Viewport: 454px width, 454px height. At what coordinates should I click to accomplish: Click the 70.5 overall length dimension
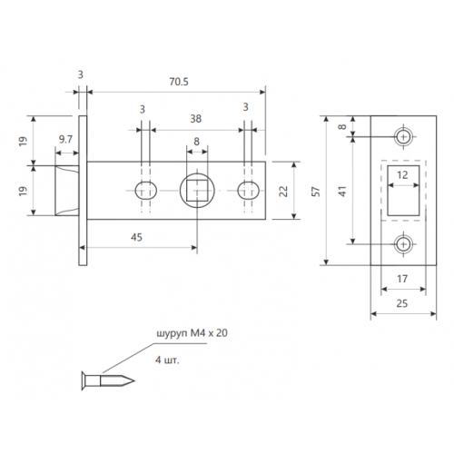[177, 80]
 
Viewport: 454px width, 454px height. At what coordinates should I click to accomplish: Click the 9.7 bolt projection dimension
[65, 139]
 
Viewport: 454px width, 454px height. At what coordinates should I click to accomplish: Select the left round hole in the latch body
[143, 191]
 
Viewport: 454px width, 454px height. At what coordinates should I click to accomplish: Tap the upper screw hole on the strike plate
[402, 136]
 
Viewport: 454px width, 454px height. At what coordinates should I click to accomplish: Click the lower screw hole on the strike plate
[402, 244]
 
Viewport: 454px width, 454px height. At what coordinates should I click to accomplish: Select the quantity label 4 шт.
[170, 360]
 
